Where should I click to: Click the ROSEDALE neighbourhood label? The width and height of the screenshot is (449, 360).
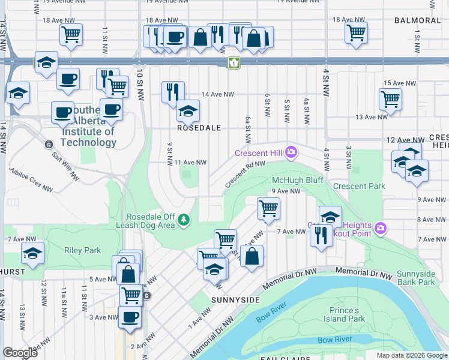tap(199, 128)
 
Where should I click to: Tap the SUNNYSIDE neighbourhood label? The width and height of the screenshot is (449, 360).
tap(235, 299)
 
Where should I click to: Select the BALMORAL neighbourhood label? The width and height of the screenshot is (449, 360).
tap(417, 20)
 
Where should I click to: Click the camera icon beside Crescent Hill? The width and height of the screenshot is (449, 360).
tap(291, 153)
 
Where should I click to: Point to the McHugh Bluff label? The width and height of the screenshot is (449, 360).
tap(298, 180)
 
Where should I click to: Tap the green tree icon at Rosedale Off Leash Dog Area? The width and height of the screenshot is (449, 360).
tap(185, 221)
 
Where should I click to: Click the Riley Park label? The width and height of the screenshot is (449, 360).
tap(83, 250)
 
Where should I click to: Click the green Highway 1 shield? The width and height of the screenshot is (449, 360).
tap(234, 63)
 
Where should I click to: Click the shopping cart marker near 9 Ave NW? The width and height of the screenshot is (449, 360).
tap(268, 208)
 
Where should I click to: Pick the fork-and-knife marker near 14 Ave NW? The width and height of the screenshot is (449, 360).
tap(172, 92)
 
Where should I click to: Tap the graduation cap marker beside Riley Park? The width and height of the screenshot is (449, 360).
tap(32, 253)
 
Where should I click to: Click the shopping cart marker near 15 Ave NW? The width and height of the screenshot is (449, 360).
tap(390, 98)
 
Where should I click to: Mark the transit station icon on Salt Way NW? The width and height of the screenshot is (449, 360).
tap(49, 144)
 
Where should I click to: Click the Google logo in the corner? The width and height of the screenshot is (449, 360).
tap(20, 353)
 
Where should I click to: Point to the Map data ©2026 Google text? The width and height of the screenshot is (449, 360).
tap(411, 355)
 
